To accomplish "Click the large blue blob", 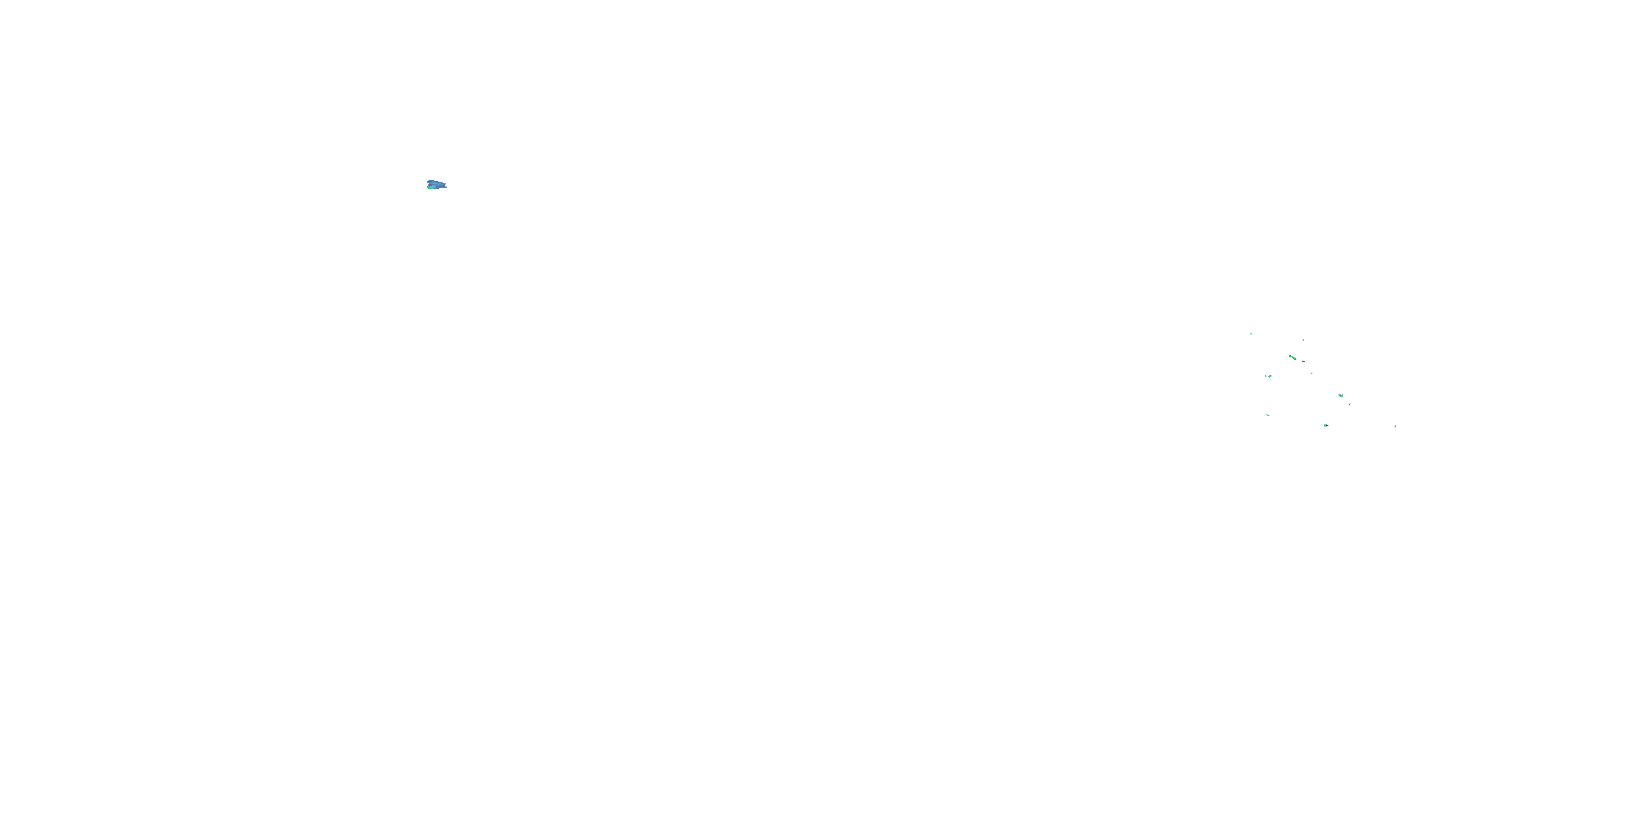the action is pos(437,185).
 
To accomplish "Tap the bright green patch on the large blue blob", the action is pos(431,188).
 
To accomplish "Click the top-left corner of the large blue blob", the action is pos(428,181).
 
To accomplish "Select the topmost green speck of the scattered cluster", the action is pos(1251,333).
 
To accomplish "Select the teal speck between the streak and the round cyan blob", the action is pos(1312,373).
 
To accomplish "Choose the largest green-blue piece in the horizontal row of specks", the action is pos(1270,376).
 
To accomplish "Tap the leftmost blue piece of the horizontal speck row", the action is pos(1266,376).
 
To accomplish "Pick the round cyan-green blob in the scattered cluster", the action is pos(1341,396).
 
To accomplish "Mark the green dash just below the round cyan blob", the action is pos(1349,404).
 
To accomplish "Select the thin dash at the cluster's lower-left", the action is pos(1268,415).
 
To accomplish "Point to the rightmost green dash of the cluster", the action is pos(1395,426).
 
